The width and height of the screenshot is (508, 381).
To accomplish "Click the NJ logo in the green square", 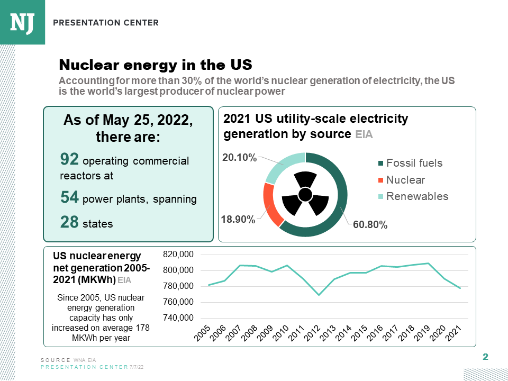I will click(22, 22).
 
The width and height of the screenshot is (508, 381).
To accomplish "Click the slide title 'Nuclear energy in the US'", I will click(155, 65).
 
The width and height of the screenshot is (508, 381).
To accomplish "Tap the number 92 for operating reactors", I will click(70, 159).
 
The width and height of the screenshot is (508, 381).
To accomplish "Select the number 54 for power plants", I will click(70, 198).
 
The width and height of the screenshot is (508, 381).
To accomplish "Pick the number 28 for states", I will click(70, 222).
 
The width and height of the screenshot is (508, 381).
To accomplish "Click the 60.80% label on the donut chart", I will click(370, 225).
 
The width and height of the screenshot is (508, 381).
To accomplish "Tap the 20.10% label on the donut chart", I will click(239, 157).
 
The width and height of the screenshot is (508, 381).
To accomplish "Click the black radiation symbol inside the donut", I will click(305, 195).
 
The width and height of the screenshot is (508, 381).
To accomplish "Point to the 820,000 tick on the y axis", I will click(179, 255).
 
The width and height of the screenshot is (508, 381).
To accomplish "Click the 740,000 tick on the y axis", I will click(179, 318).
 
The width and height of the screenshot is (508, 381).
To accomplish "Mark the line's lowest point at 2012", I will click(319, 295).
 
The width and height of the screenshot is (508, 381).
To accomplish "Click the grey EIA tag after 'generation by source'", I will click(364, 135).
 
